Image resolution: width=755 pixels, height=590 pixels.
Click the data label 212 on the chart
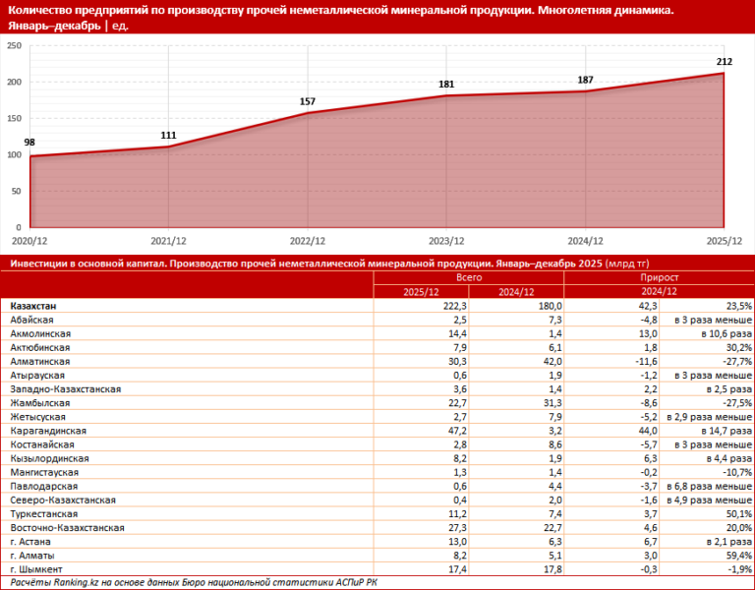pyautogui.click(x=724, y=62)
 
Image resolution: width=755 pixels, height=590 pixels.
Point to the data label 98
pyautogui.click(x=29, y=143)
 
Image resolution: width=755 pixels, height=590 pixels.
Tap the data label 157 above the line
pyautogui.click(x=307, y=101)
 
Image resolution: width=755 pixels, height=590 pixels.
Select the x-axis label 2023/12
pyautogui.click(x=447, y=240)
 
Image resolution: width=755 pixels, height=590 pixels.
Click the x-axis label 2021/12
pyautogui.click(x=168, y=240)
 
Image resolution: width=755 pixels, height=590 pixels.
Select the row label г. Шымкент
pyautogui.click(x=36, y=569)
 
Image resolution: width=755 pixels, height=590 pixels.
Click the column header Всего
pyautogui.click(x=468, y=278)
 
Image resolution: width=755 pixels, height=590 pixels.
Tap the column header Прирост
pyautogui.click(x=659, y=278)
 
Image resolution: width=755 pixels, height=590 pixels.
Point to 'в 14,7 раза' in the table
pyautogui.click(x=726, y=432)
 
